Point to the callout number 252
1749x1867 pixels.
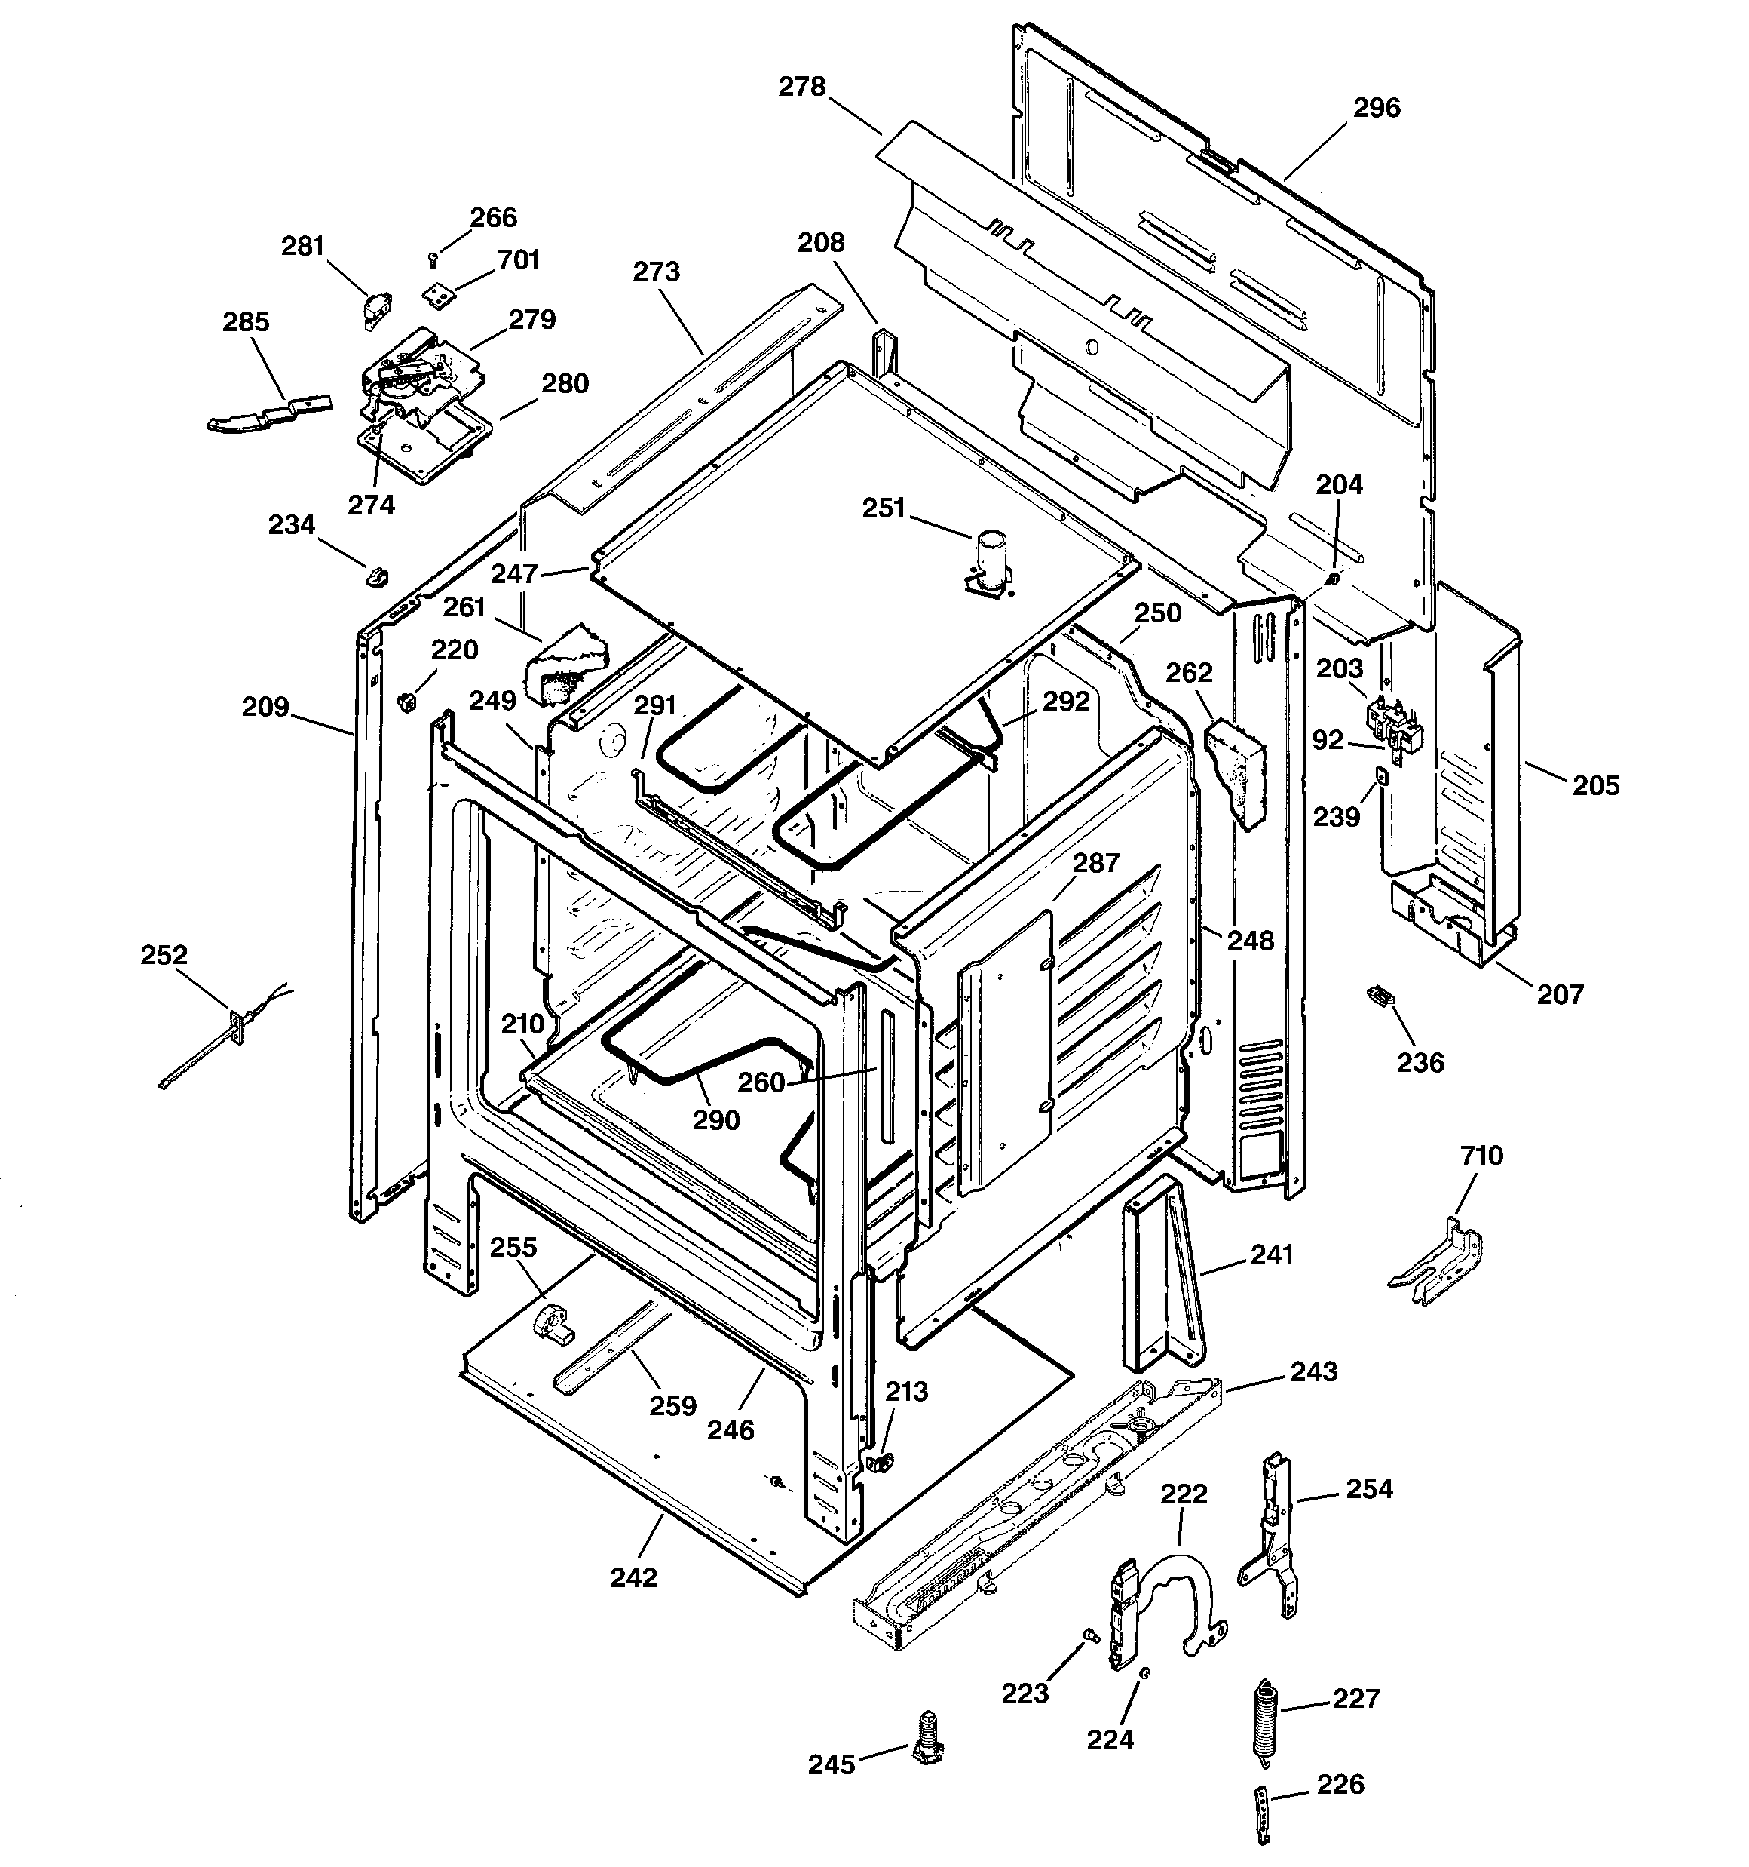coord(164,955)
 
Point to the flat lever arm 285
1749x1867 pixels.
coord(268,414)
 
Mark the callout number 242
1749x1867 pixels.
coord(634,1578)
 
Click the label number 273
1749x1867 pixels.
coord(655,272)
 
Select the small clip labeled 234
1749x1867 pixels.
coord(376,575)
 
